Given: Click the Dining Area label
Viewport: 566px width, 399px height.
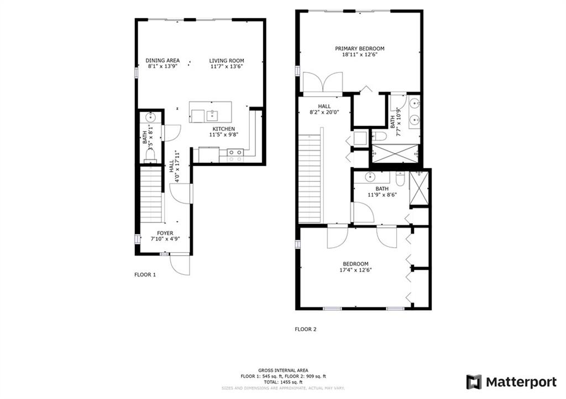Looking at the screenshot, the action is (x=163, y=61).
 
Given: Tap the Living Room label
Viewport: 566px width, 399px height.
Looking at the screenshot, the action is (x=227, y=61).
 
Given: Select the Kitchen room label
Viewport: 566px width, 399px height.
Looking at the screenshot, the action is (x=223, y=129).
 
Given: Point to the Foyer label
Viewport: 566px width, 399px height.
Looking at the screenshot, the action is (x=165, y=233).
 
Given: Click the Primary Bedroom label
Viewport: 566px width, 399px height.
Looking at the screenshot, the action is (x=359, y=49).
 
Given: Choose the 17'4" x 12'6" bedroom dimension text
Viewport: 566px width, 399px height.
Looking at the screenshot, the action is (x=355, y=270).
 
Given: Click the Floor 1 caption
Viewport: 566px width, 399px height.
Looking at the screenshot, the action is (x=145, y=275).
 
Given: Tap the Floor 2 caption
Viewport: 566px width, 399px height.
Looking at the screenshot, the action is (x=306, y=329).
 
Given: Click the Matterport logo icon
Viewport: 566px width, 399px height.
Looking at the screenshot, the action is (x=474, y=382).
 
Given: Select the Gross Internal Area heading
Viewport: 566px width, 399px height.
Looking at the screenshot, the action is (x=283, y=370).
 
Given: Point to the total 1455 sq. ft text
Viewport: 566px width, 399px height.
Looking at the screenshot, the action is (x=283, y=382).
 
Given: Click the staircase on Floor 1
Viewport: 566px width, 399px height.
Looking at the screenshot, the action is (x=150, y=195).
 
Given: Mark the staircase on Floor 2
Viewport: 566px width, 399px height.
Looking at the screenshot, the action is (x=310, y=178).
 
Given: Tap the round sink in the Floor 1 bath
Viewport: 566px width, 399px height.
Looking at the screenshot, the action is (x=150, y=117).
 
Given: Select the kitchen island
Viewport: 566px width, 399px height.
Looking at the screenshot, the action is (x=211, y=112).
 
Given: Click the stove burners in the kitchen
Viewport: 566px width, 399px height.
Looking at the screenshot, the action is (x=235, y=155).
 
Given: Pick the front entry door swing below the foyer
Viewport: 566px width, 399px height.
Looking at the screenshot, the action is (x=180, y=265).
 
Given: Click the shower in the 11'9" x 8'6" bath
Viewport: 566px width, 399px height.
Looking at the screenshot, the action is (x=419, y=188).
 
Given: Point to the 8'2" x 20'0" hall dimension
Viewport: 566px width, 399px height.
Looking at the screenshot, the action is (x=324, y=112).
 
